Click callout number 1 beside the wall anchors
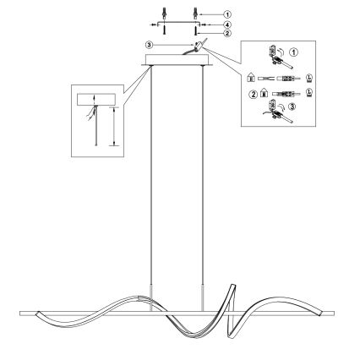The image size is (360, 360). (x=227, y=14)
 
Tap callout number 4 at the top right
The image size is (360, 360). (x=227, y=25)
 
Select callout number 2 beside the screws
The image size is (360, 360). (x=227, y=33)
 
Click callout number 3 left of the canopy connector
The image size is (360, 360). (x=149, y=45)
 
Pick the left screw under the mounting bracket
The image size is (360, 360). (x=164, y=30)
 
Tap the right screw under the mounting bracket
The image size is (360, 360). (x=195, y=30)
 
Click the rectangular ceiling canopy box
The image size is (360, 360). (x=177, y=60)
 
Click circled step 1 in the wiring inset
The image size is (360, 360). (x=294, y=52)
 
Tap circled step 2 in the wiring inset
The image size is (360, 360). (x=254, y=95)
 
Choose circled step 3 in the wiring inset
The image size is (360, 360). (x=292, y=106)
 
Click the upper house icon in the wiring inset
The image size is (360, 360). (x=250, y=78)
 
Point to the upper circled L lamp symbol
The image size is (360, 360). (x=309, y=78)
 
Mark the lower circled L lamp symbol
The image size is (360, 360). (x=309, y=93)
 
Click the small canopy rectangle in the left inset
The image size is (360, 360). (x=96, y=100)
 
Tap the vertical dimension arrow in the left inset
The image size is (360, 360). (x=113, y=126)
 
